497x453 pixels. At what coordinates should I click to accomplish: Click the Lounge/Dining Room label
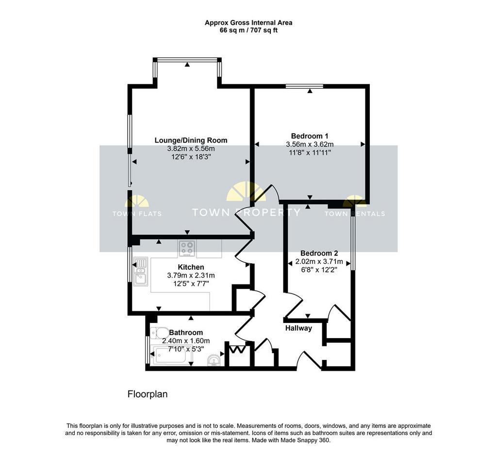click(x=191, y=140)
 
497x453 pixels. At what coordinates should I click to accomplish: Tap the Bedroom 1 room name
click(x=309, y=136)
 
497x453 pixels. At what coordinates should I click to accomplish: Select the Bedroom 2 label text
click(x=319, y=253)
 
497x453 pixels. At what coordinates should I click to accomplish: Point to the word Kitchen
click(x=191, y=267)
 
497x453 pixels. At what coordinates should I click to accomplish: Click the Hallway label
click(x=298, y=328)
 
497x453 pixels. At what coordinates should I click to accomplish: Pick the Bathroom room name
click(x=186, y=332)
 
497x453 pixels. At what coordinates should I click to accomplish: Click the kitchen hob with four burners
click(x=187, y=249)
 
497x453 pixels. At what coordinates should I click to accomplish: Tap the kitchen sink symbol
click(x=141, y=272)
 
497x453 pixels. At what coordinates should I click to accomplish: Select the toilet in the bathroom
click(x=160, y=333)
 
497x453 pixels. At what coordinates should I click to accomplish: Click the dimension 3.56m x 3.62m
click(x=310, y=145)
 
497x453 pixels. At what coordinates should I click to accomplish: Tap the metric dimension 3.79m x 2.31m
click(x=191, y=275)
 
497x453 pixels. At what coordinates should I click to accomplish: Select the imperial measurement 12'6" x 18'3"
click(x=191, y=157)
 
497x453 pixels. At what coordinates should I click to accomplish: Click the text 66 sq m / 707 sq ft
click(x=248, y=31)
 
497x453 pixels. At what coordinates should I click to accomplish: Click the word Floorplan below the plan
click(x=148, y=394)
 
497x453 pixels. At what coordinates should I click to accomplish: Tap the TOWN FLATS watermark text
click(x=137, y=214)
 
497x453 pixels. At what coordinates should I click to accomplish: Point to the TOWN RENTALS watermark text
click(x=355, y=214)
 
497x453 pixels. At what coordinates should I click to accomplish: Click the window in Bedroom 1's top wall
click(x=304, y=86)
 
